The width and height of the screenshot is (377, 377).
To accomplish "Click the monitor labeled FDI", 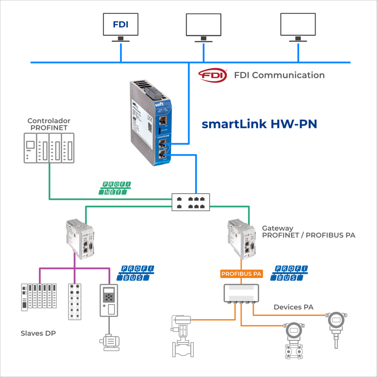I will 120,25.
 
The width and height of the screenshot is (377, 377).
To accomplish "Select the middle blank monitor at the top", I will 203,25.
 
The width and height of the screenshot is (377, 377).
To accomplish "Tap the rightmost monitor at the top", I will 298,25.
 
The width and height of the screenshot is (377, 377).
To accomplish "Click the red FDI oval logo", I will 212,75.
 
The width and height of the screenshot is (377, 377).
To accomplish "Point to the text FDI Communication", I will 279,75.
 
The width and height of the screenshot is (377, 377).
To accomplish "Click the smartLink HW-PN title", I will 259,124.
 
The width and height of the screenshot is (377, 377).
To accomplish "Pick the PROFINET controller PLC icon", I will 49,147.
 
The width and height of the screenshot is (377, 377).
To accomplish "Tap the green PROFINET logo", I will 115,188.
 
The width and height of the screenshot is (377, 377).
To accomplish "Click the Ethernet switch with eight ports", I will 191,202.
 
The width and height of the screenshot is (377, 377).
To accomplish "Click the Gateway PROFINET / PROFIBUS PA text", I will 309,232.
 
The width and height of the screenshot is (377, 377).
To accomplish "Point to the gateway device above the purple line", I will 80,237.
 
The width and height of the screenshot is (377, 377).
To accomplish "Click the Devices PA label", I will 293,307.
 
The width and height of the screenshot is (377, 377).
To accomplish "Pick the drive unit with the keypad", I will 109,300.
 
